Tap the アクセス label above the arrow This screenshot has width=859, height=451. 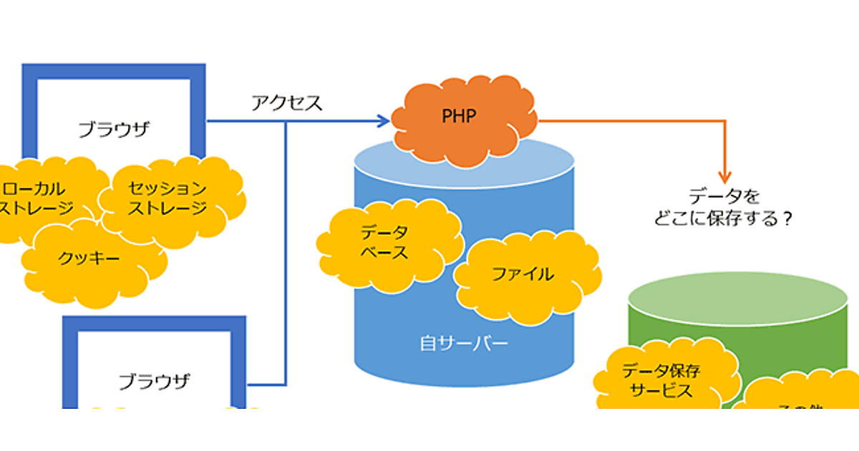click(287, 103)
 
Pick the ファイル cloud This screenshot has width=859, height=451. click(526, 275)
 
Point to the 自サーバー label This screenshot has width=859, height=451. click(464, 344)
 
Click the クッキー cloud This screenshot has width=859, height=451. click(89, 258)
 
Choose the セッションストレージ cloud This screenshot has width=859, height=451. click(169, 198)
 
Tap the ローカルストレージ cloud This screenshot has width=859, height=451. click(39, 198)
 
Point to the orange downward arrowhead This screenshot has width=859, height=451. click(726, 175)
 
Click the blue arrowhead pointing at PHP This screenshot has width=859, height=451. click(384, 122)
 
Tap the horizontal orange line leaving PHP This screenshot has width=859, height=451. click(630, 122)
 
